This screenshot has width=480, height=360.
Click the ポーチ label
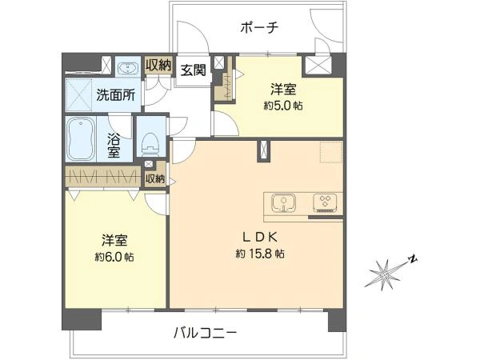coord(258,27)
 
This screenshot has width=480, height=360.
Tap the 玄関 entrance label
coord(192,70)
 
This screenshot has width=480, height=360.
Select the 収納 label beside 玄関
coord(158,65)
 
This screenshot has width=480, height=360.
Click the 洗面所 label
coord(114,94)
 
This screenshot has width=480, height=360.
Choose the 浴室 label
coord(114,143)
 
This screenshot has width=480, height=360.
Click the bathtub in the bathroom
coord(85,138)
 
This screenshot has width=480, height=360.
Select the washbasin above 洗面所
coord(126,66)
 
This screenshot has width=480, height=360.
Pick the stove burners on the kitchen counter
coord(326,202)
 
